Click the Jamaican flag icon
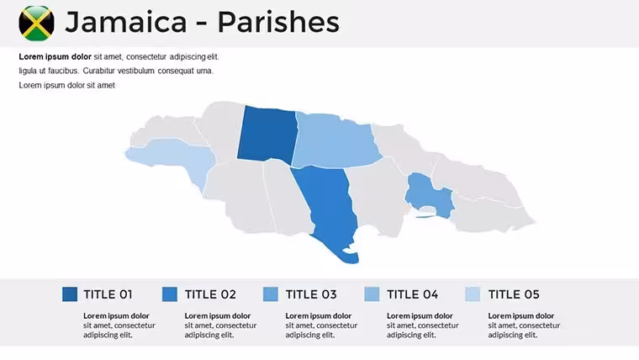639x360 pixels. coord(36,24)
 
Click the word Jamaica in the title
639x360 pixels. coord(126,22)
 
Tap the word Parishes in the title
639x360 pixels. coord(278,22)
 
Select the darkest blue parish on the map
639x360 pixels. coord(267,135)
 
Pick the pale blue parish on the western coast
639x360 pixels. coord(175,159)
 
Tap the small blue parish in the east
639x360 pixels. coord(430,193)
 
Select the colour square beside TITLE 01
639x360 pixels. coord(70,294)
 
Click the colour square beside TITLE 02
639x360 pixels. coord(170,294)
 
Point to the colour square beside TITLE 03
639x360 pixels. coord(271,294)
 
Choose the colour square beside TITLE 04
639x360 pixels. coord(372,294)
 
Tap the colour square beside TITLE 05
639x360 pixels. coord(473,294)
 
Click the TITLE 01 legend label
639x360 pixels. coord(108,294)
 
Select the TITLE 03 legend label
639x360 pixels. coord(311,294)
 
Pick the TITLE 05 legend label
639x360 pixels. coord(514,294)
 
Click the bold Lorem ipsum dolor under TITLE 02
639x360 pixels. coord(217,316)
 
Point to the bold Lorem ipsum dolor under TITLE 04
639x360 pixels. coord(420,316)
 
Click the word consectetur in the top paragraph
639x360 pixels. coord(146,57)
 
